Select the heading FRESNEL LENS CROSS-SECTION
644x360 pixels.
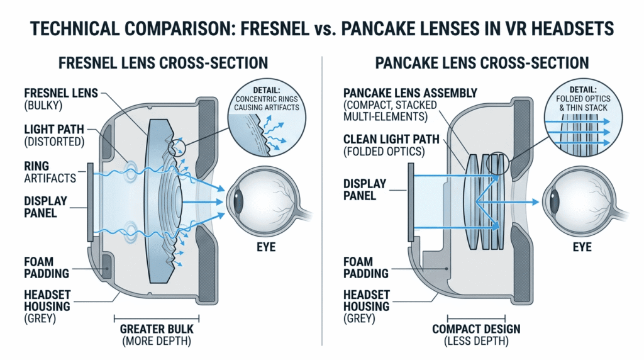tap(163, 63)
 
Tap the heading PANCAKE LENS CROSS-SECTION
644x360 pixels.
tap(481, 63)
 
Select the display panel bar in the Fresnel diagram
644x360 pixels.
tap(92, 201)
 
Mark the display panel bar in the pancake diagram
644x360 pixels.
tap(411, 201)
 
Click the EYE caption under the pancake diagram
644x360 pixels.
tap(582, 247)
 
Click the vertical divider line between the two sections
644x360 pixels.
tap(322, 201)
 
